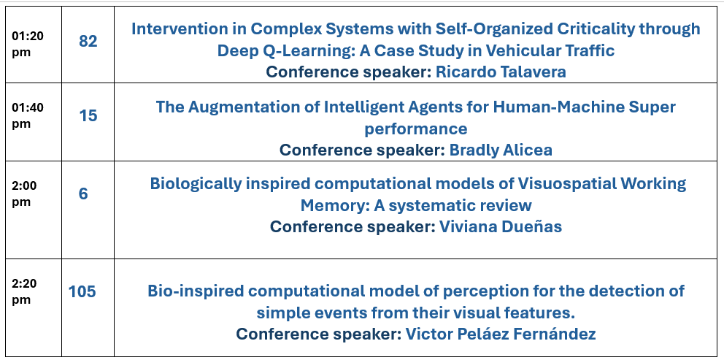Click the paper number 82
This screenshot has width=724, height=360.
click(88, 41)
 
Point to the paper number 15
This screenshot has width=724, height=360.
click(88, 115)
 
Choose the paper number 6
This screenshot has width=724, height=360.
click(83, 194)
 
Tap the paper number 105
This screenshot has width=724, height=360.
click(82, 291)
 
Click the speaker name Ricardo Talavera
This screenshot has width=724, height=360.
click(501, 72)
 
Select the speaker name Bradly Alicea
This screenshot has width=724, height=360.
click(501, 150)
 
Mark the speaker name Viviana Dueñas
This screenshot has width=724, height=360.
click(501, 226)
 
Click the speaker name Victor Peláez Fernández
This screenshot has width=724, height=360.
click(501, 334)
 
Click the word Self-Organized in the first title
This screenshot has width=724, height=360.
click(494, 28)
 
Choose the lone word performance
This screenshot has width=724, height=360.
click(416, 129)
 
